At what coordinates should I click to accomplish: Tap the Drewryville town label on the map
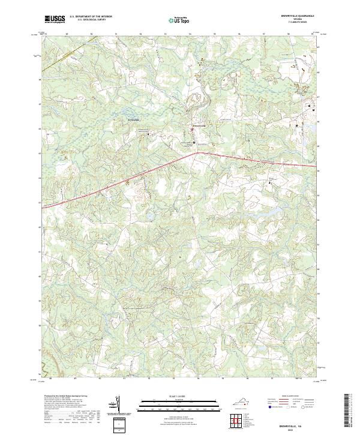click(199, 125)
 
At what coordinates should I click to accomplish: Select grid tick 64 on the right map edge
click(319, 171)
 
